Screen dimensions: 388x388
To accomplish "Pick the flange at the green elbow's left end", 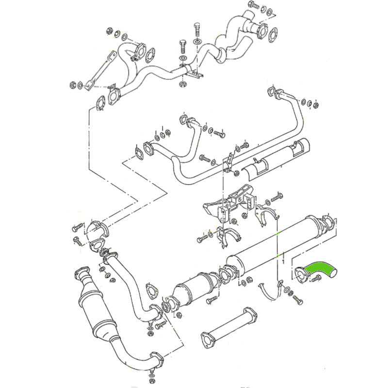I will pos(301,274).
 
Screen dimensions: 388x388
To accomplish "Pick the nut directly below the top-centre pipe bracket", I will pos(183,84).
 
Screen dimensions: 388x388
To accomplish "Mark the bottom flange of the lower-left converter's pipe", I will pos(155,360).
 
